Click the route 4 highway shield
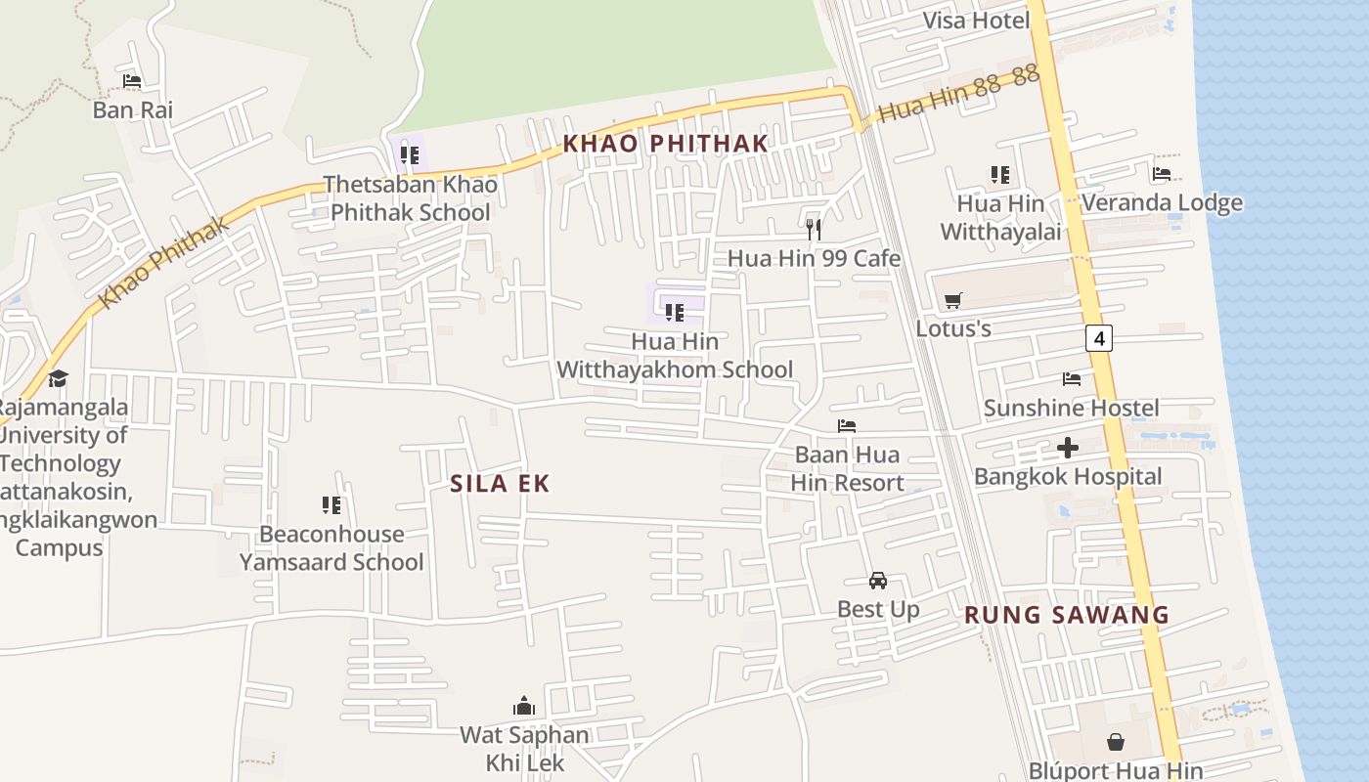(1099, 338)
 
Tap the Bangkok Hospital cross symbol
(1068, 448)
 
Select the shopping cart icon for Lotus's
(952, 300)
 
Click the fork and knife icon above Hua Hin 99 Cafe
(813, 230)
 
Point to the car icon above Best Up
(878, 581)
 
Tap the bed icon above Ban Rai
(132, 81)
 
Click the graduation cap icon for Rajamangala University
(59, 378)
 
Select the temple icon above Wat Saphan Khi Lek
(524, 706)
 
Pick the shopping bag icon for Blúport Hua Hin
(1115, 742)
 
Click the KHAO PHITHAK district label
(665, 144)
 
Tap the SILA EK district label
(500, 483)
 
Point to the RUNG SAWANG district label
(1066, 615)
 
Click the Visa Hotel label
(976, 21)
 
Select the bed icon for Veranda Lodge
(1162, 174)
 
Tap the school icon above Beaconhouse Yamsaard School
(331, 505)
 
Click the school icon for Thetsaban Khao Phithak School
(410, 155)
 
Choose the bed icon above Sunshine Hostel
(1072, 379)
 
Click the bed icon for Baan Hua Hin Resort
(847, 426)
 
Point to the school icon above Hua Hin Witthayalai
(999, 175)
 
